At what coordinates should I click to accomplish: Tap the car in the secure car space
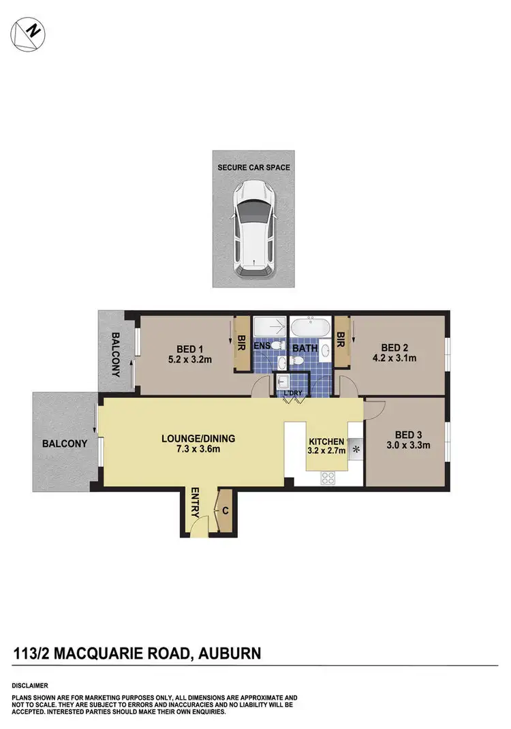[253, 229]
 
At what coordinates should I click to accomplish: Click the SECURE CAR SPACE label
[253, 167]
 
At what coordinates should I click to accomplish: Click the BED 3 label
[406, 435]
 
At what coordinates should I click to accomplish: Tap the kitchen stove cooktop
[328, 477]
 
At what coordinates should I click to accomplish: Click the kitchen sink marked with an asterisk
[356, 450]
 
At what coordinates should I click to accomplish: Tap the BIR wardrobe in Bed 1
[241, 344]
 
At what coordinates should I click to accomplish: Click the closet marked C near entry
[223, 510]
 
